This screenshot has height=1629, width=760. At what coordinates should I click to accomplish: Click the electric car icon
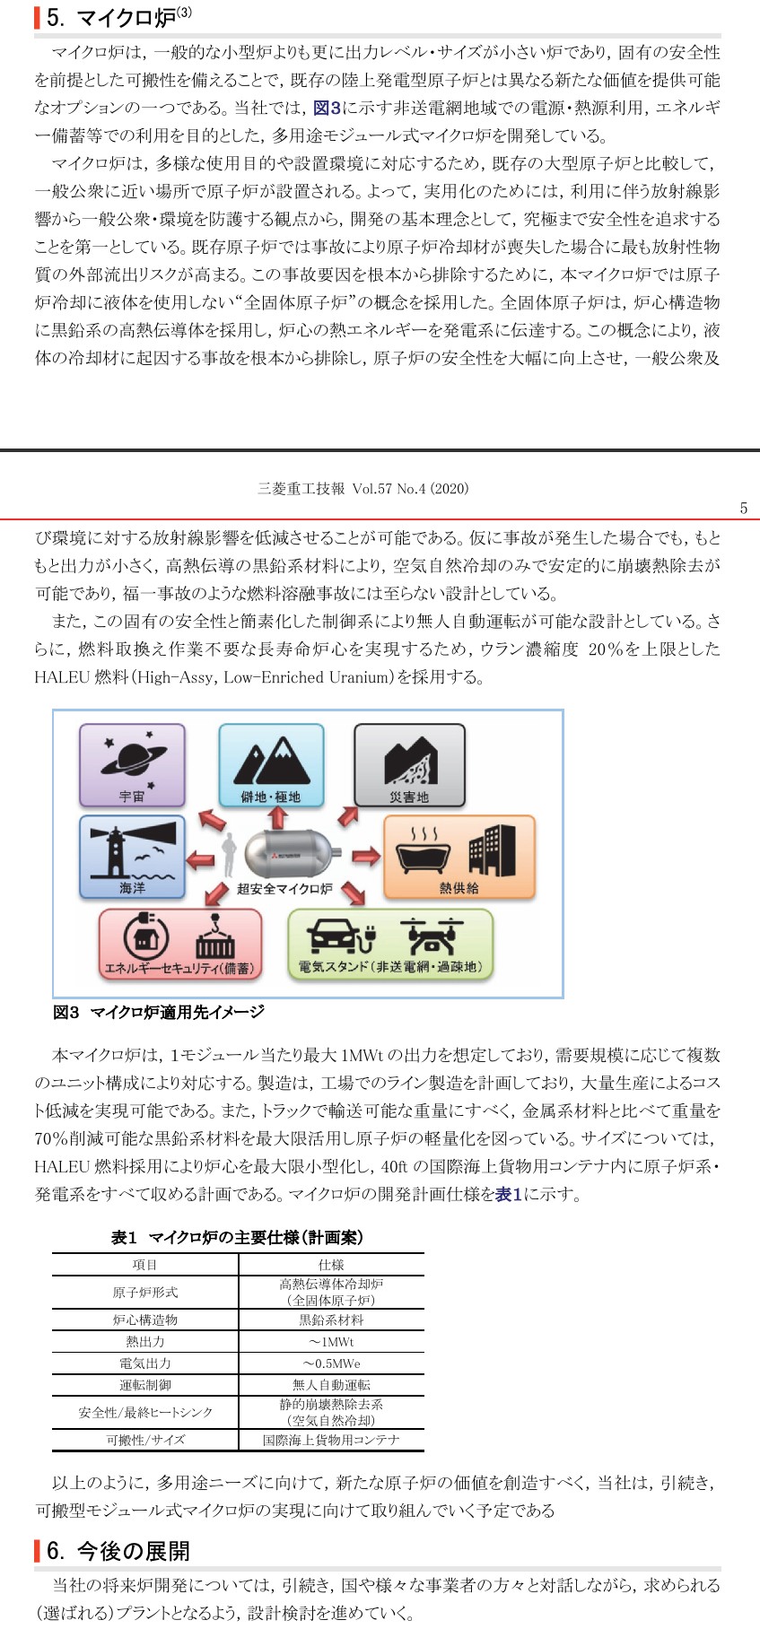coord(340,937)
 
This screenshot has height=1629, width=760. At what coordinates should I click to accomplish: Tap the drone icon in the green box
coord(432,936)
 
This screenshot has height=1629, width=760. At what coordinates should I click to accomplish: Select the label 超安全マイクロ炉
coord(284,889)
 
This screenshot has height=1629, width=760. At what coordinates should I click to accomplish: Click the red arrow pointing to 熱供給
coord(365,857)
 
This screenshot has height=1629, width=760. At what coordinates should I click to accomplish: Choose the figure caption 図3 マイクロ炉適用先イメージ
coord(159,1012)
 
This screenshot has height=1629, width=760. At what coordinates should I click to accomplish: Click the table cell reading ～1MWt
coord(331,1342)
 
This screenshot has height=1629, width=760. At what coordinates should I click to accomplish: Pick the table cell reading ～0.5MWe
coord(331,1363)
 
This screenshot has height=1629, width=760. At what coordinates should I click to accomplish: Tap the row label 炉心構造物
coord(145,1320)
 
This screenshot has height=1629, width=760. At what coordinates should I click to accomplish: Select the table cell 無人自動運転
coord(331,1385)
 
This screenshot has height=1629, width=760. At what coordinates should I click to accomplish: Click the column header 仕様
coord(331,1265)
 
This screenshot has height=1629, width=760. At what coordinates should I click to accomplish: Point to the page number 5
coord(743,509)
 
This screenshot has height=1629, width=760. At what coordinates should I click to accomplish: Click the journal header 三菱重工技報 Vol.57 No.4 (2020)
coord(363,489)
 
